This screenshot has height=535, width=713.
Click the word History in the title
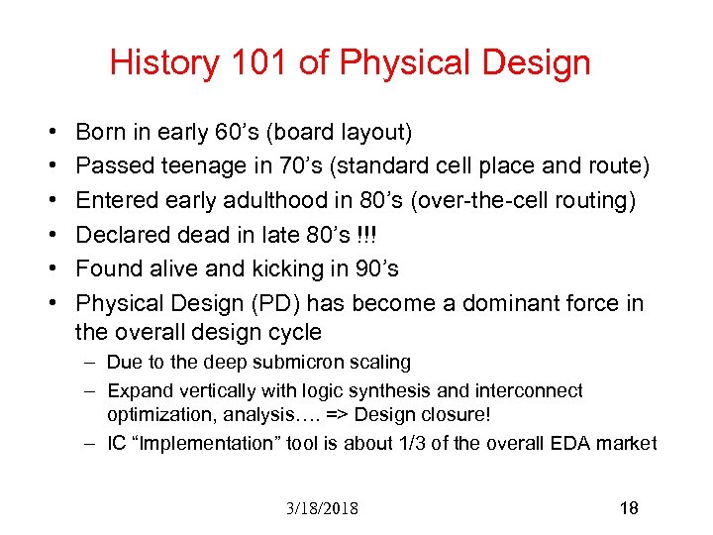(x=164, y=63)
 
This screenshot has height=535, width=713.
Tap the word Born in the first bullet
(x=99, y=132)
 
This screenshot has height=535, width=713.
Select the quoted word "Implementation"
(x=193, y=443)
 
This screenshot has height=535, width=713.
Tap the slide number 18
(x=628, y=508)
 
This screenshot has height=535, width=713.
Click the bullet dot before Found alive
(x=50, y=268)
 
